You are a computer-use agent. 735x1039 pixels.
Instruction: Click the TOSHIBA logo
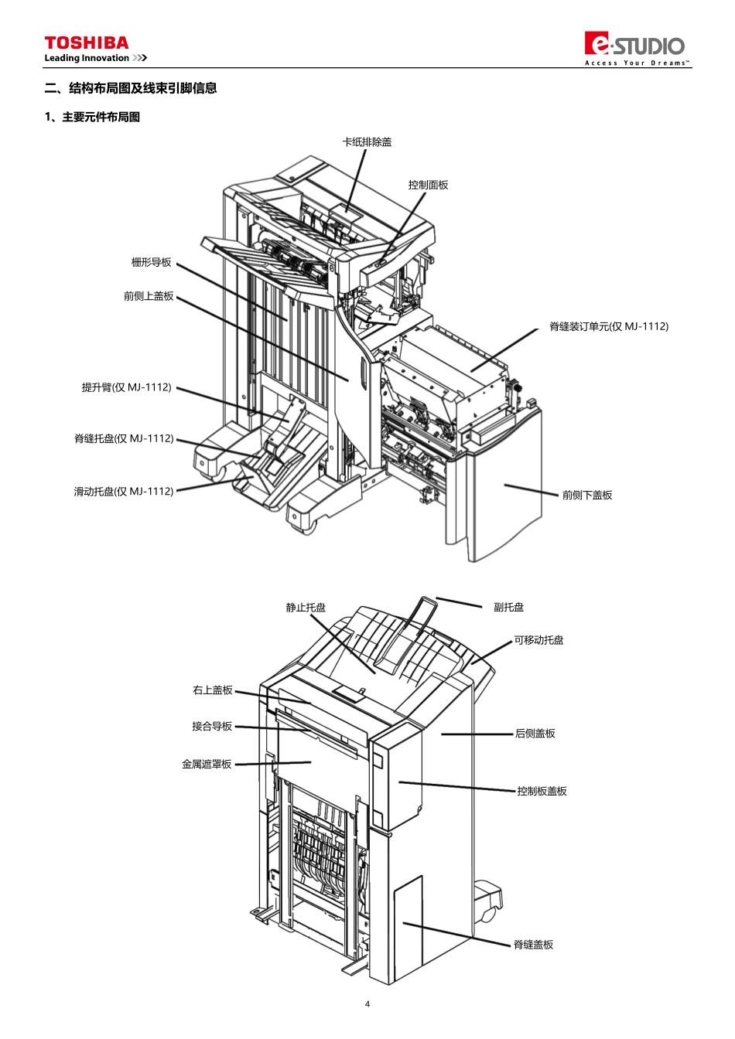tap(87, 43)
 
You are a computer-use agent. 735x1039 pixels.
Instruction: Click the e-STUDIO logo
tap(634, 48)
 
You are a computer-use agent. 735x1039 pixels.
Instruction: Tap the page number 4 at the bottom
tap(367, 1004)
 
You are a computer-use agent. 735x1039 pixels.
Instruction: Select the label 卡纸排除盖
tap(367, 142)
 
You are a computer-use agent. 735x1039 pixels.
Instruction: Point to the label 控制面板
tap(428, 185)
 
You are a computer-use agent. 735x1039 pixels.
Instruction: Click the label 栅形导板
tap(152, 262)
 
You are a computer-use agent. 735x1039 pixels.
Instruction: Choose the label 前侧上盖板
tap(149, 296)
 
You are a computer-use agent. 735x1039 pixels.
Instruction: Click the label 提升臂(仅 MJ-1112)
tap(127, 387)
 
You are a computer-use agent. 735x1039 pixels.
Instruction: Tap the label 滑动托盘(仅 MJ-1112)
tap(124, 491)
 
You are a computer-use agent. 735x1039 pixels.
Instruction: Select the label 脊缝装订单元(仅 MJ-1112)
tap(609, 326)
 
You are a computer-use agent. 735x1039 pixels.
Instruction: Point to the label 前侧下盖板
tap(587, 495)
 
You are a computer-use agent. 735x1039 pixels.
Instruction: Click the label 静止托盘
tap(306, 607)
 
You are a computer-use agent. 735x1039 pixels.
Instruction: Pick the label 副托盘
tap(509, 607)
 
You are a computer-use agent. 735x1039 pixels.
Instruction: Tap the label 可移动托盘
tap(538, 640)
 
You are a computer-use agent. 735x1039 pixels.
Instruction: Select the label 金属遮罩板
tap(207, 764)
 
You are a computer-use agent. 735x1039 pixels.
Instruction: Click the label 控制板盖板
tap(542, 791)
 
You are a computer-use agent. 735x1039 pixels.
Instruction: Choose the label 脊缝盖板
tap(534, 945)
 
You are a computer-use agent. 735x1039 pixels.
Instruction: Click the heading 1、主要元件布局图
tap(92, 117)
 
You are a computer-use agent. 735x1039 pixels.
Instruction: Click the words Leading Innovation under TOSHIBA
tap(87, 58)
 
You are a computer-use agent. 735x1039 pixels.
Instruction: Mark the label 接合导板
tap(212, 726)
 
